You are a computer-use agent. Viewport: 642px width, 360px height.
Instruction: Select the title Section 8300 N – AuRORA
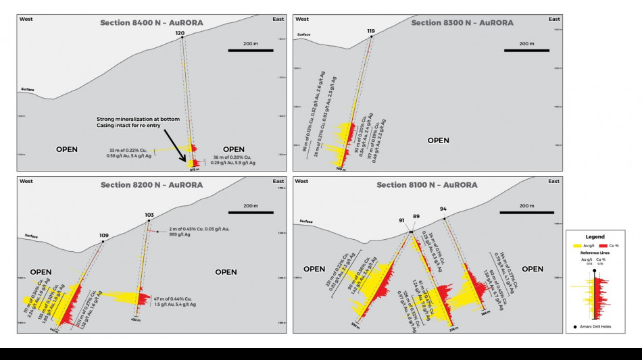[462, 23]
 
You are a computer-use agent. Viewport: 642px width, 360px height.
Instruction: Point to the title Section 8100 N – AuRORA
[427, 184]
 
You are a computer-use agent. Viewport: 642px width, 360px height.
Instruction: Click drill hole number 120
[180, 32]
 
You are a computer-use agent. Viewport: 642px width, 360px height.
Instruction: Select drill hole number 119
[371, 31]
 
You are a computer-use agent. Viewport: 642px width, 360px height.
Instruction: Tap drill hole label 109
[103, 236]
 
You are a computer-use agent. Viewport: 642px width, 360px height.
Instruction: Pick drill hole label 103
[149, 215]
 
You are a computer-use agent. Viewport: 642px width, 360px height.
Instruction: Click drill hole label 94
[443, 209]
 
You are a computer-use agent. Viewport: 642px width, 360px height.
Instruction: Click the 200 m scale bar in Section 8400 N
[250, 50]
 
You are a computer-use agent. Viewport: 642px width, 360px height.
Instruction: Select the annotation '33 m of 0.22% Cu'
[129, 150]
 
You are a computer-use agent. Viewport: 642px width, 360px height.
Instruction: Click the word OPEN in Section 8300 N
[438, 140]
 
